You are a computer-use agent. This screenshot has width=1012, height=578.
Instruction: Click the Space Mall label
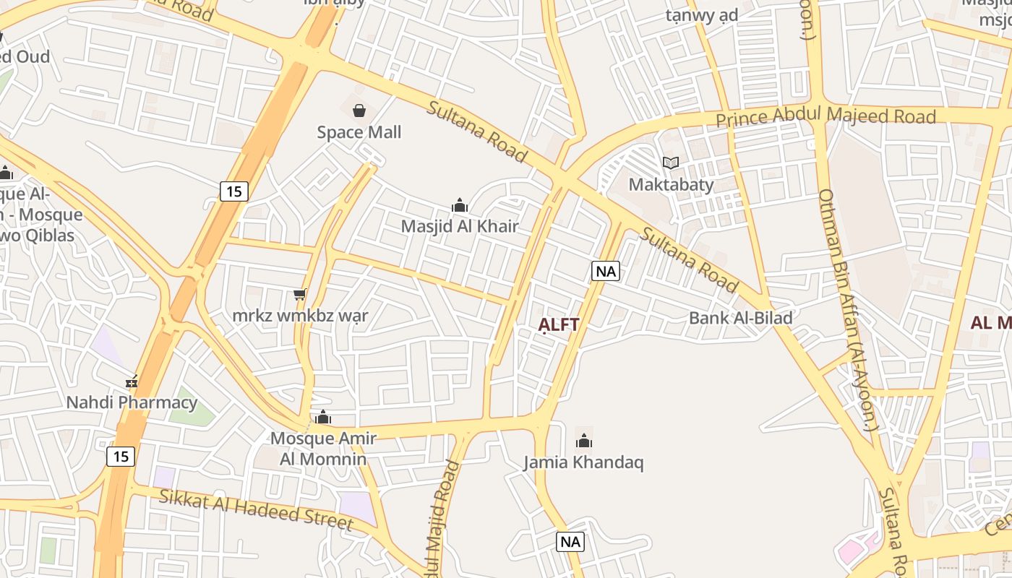pyautogui.click(x=359, y=132)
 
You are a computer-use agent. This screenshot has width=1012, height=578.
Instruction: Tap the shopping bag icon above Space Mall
pyautogui.click(x=359, y=111)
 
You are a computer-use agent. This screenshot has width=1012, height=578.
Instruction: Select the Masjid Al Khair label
pyautogui.click(x=460, y=226)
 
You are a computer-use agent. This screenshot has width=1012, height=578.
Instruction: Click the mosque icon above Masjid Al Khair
pyautogui.click(x=460, y=206)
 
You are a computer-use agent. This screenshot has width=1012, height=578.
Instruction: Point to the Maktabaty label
pyautogui.click(x=671, y=184)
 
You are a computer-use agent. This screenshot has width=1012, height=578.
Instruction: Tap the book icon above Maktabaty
pyautogui.click(x=671, y=163)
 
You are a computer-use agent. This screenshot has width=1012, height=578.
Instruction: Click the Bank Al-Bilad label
pyautogui.click(x=740, y=318)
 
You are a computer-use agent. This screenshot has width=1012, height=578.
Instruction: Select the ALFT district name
pyautogui.click(x=559, y=324)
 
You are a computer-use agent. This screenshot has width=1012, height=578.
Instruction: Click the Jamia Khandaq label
pyautogui.click(x=583, y=462)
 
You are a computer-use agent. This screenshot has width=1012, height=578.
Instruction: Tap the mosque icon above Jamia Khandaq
pyautogui.click(x=584, y=441)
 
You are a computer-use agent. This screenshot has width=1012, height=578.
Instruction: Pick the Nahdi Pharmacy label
pyautogui.click(x=132, y=402)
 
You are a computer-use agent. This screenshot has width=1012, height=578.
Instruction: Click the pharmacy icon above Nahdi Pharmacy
pyautogui.click(x=132, y=381)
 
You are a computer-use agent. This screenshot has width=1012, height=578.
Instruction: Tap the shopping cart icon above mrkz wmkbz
pyautogui.click(x=300, y=294)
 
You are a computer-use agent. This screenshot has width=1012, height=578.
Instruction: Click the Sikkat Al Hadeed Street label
pyautogui.click(x=256, y=509)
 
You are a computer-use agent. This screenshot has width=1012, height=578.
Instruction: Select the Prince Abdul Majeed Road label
pyautogui.click(x=826, y=116)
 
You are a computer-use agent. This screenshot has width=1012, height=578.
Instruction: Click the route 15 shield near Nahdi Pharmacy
pyautogui.click(x=121, y=457)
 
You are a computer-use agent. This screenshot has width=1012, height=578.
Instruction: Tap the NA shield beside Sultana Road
pyautogui.click(x=606, y=271)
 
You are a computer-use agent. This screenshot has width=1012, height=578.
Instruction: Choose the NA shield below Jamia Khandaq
pyautogui.click(x=570, y=541)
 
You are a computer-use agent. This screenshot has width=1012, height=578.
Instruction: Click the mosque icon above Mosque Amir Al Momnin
pyautogui.click(x=323, y=418)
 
